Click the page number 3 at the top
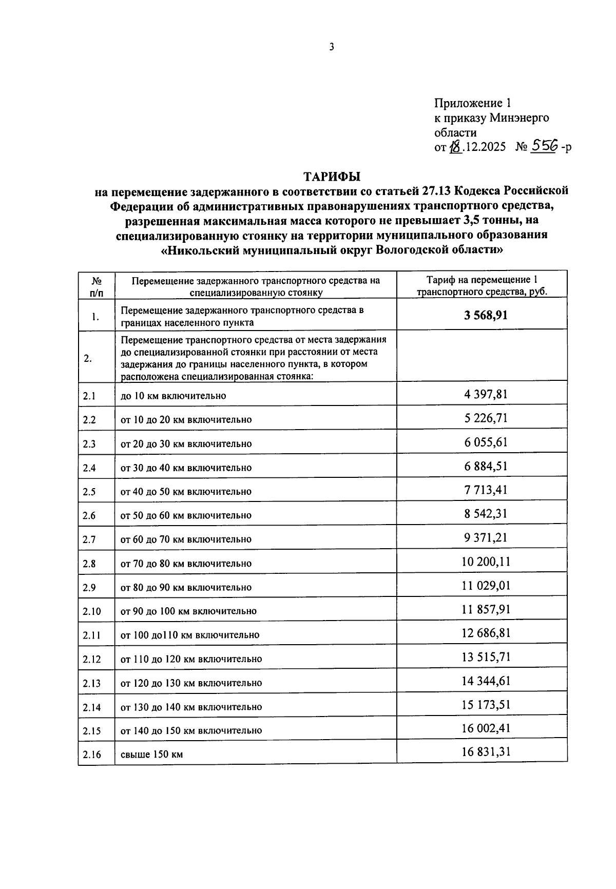[x=332, y=47]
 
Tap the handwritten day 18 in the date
[x=455, y=147]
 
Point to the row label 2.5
[x=89, y=492]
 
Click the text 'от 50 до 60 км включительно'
[x=186, y=515]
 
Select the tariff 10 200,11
[x=486, y=562]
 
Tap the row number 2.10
[x=91, y=611]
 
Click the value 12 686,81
[x=486, y=633]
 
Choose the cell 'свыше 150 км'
[x=152, y=755]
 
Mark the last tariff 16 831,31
[x=486, y=752]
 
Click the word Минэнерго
[x=519, y=118]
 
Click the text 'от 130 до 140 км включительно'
[x=191, y=707]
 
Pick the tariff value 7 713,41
[x=486, y=490]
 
